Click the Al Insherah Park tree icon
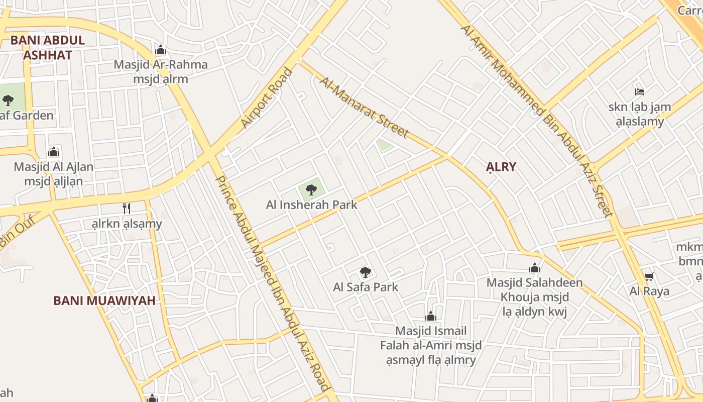pos(311,189)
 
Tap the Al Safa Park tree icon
pos(366,272)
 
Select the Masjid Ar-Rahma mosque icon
pos(161,50)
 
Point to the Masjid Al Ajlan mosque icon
pos(54,152)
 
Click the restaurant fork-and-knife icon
pos(127,209)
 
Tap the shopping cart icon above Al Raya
pos(649,276)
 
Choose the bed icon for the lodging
pos(639,91)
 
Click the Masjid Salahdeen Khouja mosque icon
pos(535,268)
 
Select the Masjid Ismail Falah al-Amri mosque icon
pos(430,316)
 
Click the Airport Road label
pos(266,97)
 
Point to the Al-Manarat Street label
pos(364,107)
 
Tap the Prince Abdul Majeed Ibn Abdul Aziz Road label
pos(271,283)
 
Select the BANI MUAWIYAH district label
pos(104,301)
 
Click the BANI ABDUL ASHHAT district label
pos(48,48)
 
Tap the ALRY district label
pos(501,167)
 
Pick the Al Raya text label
pos(649,291)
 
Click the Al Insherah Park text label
pos(311,205)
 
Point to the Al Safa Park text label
pos(366,287)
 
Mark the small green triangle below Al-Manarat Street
pos(384,145)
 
